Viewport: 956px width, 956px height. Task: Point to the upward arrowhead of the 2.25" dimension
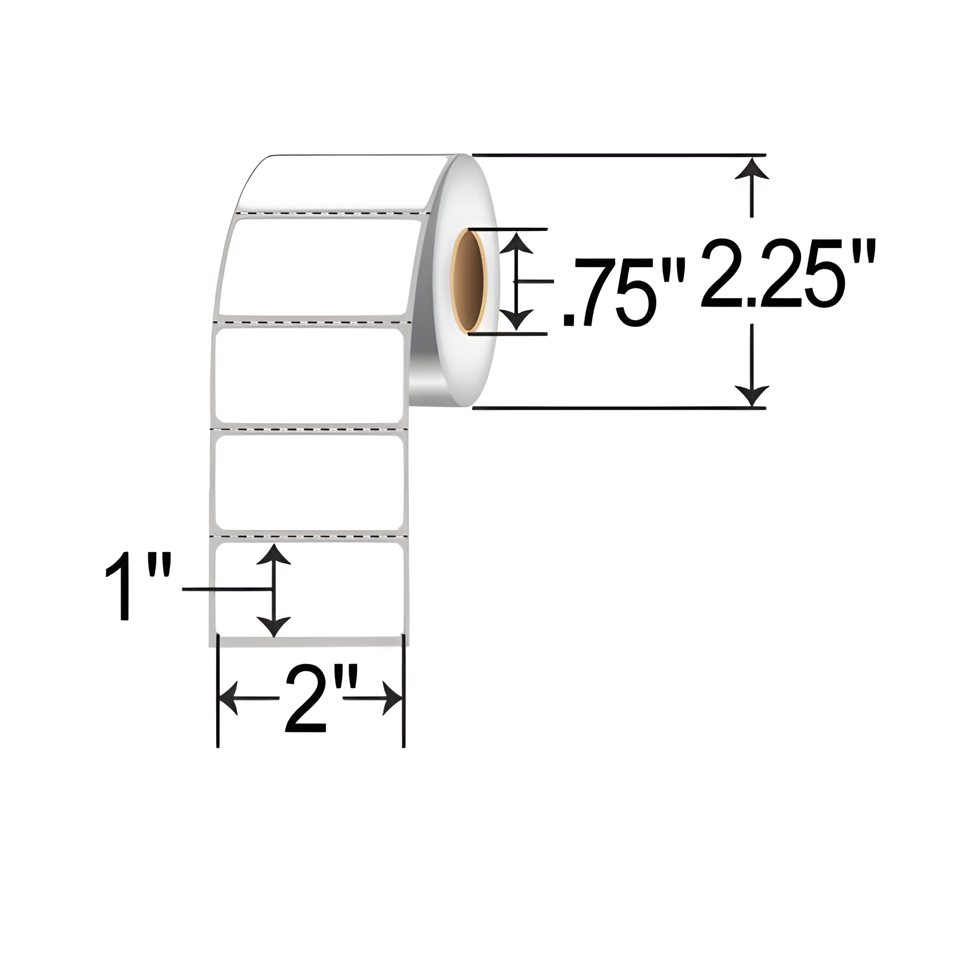click(751, 168)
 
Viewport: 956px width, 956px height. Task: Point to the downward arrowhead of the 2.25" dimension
click(751, 395)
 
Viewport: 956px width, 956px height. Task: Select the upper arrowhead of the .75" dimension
click(517, 243)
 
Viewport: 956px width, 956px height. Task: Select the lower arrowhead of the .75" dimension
click(517, 319)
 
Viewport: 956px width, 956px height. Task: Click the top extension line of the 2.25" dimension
click(619, 155)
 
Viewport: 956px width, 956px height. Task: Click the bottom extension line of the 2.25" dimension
click(619, 408)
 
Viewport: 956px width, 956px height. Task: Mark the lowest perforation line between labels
click(309, 535)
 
